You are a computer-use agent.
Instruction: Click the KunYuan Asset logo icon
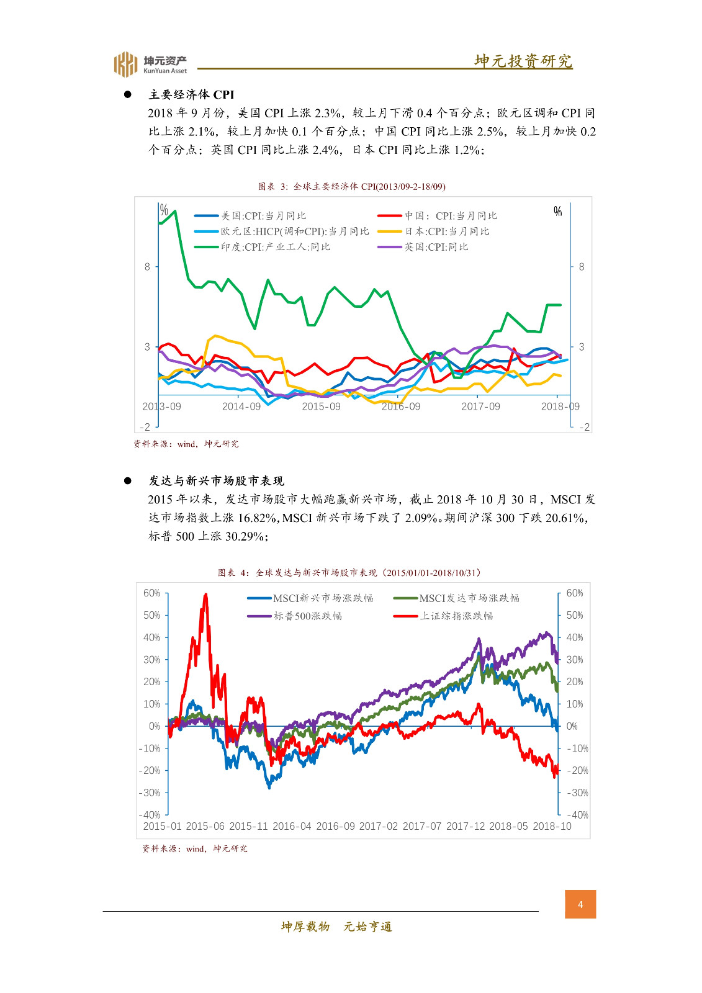[x=125, y=64]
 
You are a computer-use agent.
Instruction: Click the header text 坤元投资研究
[x=523, y=61]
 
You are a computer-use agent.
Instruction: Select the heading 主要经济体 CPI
[x=191, y=95]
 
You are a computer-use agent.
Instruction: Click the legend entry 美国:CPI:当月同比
[x=263, y=216]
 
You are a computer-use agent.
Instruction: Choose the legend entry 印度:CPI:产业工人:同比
[x=275, y=247]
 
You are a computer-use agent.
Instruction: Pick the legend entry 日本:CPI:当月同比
[x=447, y=231]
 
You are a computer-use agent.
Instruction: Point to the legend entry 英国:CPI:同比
[x=436, y=247]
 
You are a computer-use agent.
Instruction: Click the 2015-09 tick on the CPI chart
[x=321, y=407]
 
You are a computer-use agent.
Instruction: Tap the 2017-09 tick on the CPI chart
[x=480, y=407]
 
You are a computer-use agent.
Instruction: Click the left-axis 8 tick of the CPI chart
[x=147, y=267]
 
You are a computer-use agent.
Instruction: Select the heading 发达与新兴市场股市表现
[x=216, y=481]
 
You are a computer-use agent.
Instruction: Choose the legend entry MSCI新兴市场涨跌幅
[x=323, y=598]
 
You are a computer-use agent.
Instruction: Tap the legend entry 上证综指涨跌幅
[x=456, y=616]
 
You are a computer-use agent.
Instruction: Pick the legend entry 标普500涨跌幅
[x=307, y=616]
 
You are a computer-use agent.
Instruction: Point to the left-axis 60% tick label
[x=151, y=593]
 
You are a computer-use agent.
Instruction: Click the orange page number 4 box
[x=580, y=904]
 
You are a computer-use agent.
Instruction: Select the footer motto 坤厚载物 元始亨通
[x=336, y=927]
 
